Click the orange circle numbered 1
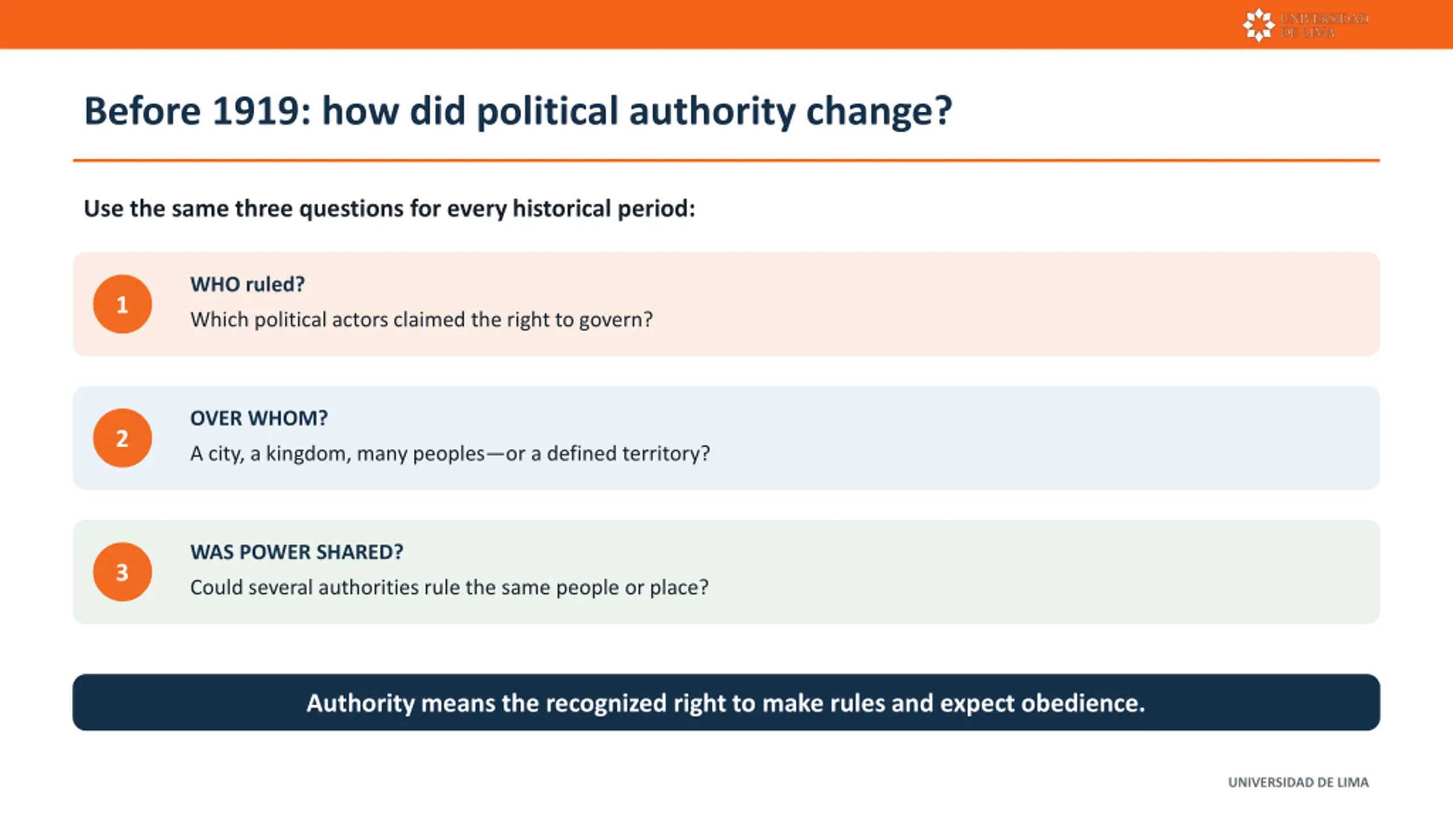(x=122, y=304)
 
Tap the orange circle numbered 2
(x=122, y=438)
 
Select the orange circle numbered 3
(x=122, y=572)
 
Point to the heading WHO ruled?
(x=247, y=284)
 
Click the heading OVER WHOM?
(x=259, y=418)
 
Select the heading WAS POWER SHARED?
(x=297, y=552)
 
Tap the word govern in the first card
(x=615, y=321)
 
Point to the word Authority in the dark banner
(x=361, y=704)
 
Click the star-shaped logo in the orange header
(x=1258, y=25)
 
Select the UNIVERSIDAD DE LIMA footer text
(x=1298, y=782)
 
